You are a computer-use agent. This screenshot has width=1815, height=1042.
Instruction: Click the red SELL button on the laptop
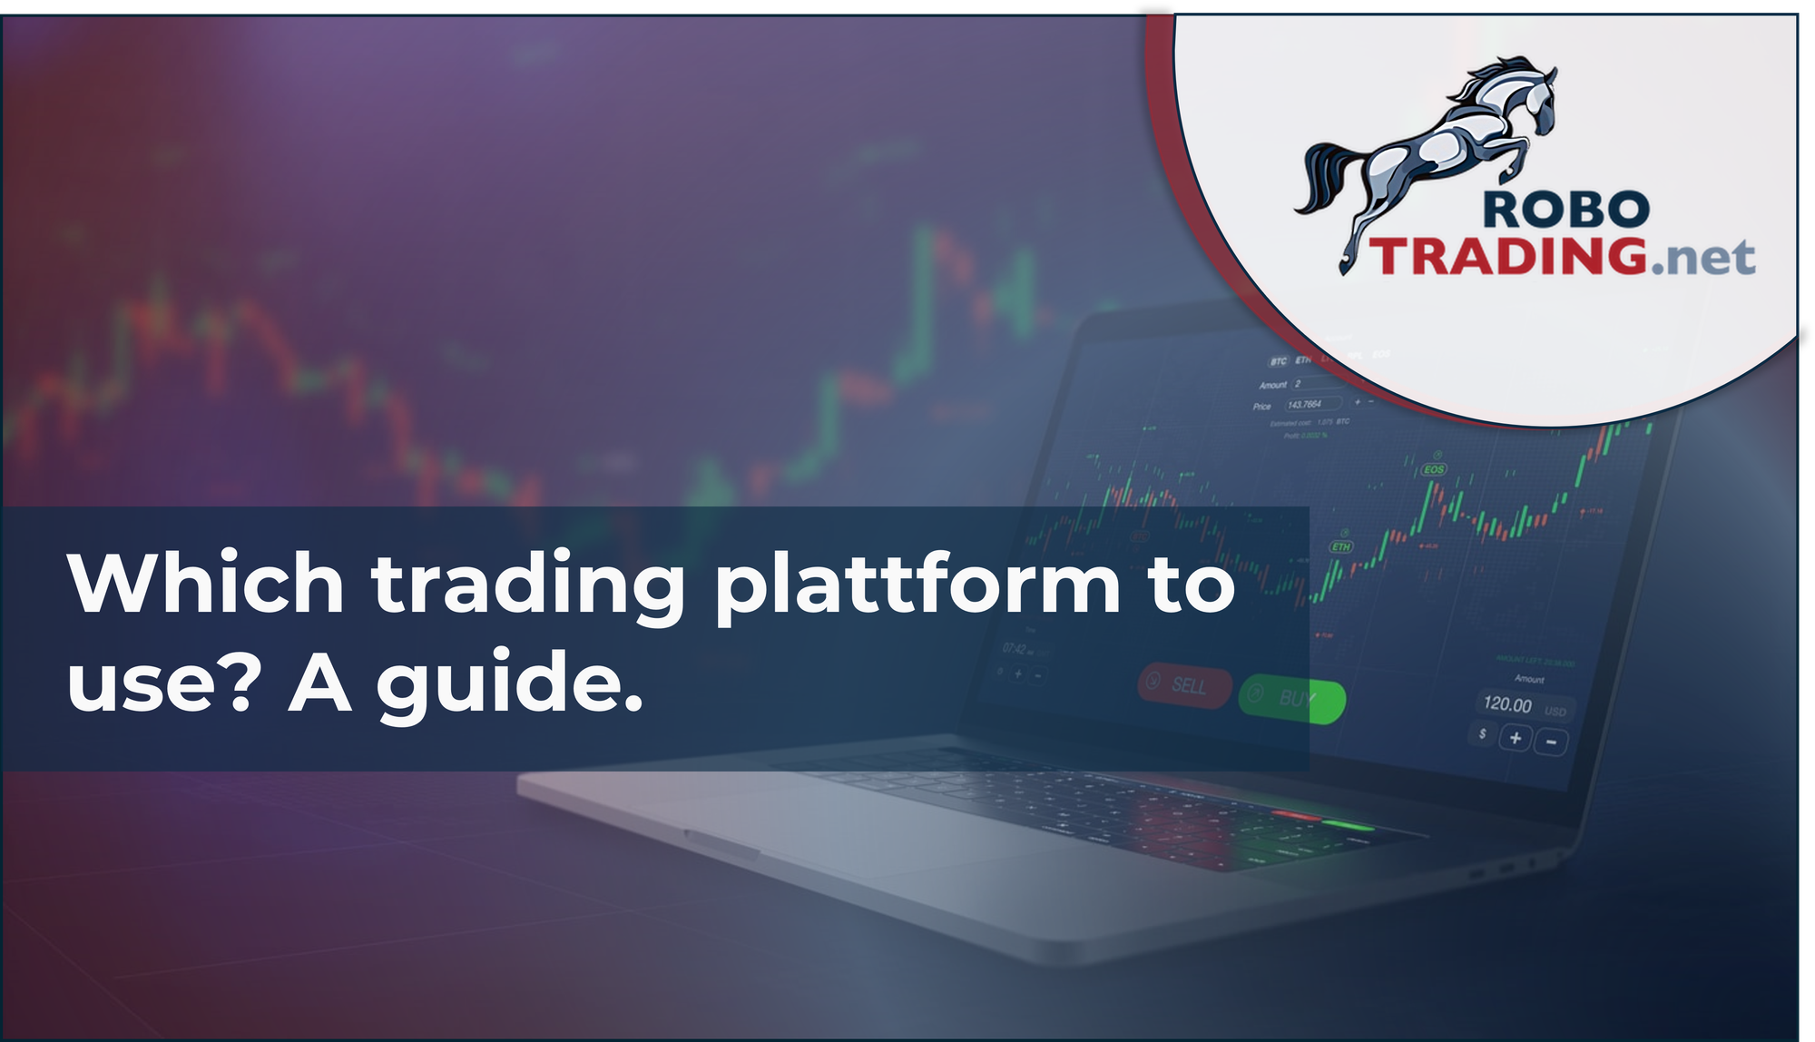tap(1185, 684)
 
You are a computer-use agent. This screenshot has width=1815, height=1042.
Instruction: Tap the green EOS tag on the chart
tap(1434, 469)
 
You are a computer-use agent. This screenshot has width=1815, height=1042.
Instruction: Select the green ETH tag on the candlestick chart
tap(1341, 546)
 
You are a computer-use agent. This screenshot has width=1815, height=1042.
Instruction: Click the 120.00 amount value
tap(1507, 703)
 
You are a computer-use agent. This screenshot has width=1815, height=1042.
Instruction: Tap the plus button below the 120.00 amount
tap(1515, 738)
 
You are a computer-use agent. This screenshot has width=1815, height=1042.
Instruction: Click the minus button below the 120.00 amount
tap(1551, 742)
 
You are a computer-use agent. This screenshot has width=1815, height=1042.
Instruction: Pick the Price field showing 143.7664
tap(1305, 405)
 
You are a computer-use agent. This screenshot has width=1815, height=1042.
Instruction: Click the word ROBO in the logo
tap(1565, 211)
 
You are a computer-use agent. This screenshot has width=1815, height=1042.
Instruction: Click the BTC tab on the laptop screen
tap(1278, 361)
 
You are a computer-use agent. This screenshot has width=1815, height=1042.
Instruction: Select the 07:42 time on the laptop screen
tap(1014, 649)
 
